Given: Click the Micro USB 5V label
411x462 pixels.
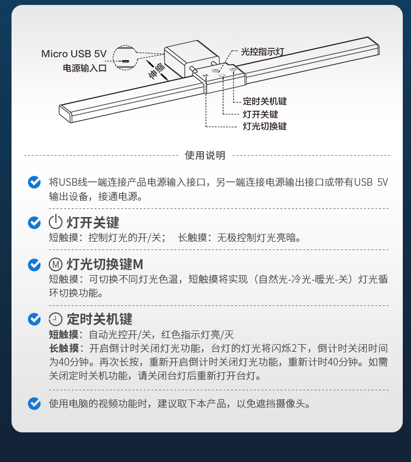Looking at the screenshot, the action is coord(73,54).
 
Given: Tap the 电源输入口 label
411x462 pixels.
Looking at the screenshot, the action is coord(84,68).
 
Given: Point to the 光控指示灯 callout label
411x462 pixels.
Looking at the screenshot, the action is coord(262,52).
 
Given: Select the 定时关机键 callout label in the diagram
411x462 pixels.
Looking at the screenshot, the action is coord(265,101).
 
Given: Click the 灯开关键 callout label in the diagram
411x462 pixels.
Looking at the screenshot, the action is coord(260,114).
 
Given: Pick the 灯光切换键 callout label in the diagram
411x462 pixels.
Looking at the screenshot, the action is coord(265,126).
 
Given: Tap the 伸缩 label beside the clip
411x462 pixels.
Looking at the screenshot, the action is coord(157,71).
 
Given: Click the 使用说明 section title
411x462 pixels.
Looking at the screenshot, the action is coord(205,155).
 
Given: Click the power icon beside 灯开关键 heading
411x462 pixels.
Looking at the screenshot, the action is coord(55,222).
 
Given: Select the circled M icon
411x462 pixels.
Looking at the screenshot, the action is coord(55,264).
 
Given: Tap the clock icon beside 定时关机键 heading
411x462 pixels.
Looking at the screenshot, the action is coord(55,319).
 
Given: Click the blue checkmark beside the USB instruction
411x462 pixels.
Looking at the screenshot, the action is coord(34,182).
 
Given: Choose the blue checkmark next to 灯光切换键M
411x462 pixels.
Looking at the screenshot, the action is coord(34,265).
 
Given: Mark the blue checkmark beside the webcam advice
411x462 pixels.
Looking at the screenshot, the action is coord(34,403).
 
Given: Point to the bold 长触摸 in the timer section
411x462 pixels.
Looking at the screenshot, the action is coord(64,348).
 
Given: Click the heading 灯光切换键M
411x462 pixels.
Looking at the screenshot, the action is coord(105,264).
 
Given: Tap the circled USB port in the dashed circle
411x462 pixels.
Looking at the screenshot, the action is coord(125,61).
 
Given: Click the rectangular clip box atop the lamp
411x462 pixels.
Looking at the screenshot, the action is coord(191,59).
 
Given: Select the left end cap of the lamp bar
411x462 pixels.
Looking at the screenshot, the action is coord(65,114).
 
